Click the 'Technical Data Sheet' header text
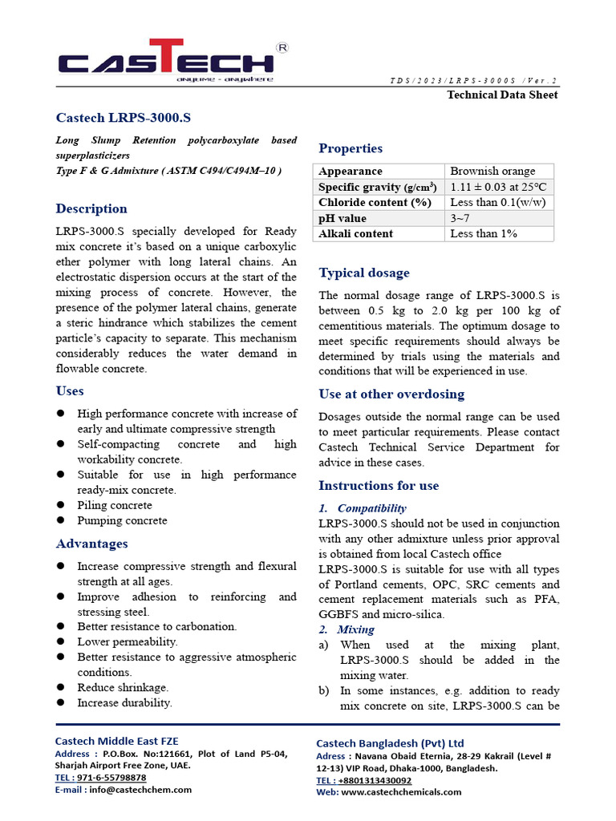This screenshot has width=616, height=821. pyautogui.click(x=501, y=95)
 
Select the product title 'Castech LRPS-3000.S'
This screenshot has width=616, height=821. pyautogui.click(x=123, y=118)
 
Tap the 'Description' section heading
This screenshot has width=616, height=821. pyautogui.click(x=91, y=208)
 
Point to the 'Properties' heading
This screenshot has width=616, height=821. pyautogui.click(x=351, y=148)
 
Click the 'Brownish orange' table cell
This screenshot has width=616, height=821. pyautogui.click(x=492, y=171)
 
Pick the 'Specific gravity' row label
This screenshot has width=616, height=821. pyautogui.click(x=377, y=187)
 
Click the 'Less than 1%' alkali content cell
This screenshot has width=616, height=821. pyautogui.click(x=483, y=233)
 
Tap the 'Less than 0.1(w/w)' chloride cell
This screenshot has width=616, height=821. pyautogui.click(x=498, y=202)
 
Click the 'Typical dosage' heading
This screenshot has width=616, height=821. pyautogui.click(x=363, y=273)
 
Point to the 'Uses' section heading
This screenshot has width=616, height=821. pyautogui.click(x=70, y=390)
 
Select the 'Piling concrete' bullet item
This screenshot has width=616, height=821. pyautogui.click(x=114, y=505)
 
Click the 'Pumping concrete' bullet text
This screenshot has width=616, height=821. pyautogui.click(x=122, y=520)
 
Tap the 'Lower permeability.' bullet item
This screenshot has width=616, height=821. pyautogui.click(x=127, y=641)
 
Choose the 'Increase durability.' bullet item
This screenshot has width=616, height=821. pyautogui.click(x=124, y=702)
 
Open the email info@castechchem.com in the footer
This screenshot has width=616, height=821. pyautogui.click(x=140, y=789)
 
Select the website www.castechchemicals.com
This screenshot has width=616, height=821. pyautogui.click(x=401, y=791)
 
